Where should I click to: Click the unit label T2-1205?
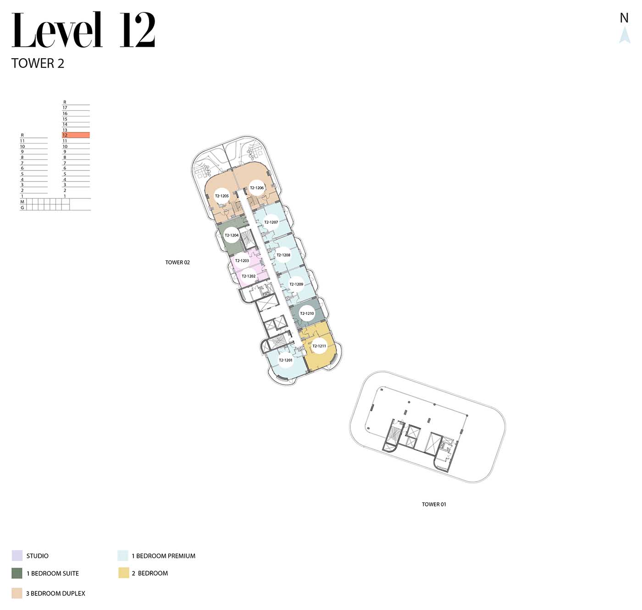(x=222, y=196)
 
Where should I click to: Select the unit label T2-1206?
(x=257, y=187)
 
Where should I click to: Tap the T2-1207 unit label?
(x=271, y=222)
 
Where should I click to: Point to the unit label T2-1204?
(x=232, y=235)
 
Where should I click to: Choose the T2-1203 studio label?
(x=242, y=261)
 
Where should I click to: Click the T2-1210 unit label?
(x=307, y=313)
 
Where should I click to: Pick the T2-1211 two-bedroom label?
(x=319, y=346)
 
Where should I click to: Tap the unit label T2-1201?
(x=286, y=360)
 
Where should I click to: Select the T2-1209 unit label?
(x=297, y=284)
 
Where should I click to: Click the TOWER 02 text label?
(x=177, y=263)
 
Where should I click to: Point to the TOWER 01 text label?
(x=434, y=504)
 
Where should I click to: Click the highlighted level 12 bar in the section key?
(x=76, y=135)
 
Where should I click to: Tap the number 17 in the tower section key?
(x=65, y=108)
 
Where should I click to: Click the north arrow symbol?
(x=625, y=35)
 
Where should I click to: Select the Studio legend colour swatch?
(x=17, y=556)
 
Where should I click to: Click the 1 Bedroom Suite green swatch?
(x=17, y=573)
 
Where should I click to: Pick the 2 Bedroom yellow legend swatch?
(x=124, y=573)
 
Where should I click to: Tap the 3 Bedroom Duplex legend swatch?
(x=17, y=594)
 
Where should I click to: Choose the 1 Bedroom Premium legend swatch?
(x=123, y=556)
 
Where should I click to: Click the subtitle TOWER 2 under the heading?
(x=38, y=63)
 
